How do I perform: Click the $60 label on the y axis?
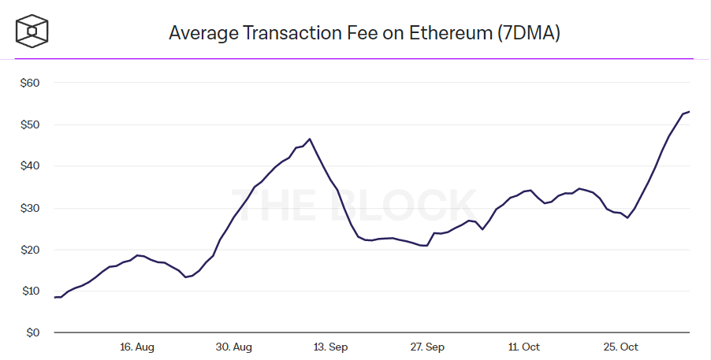(x=29, y=83)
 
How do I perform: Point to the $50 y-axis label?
(x=29, y=124)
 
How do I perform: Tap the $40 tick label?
(x=29, y=166)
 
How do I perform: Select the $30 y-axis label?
(x=29, y=208)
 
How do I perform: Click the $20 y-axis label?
(x=29, y=250)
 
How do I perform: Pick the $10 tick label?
(x=29, y=291)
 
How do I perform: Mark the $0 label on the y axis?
(x=32, y=333)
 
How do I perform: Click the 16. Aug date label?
(x=137, y=347)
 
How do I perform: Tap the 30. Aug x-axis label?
(x=234, y=347)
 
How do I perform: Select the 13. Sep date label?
(x=330, y=347)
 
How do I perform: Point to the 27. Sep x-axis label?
(x=427, y=347)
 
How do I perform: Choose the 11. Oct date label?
(x=524, y=347)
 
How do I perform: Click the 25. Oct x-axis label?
(x=620, y=347)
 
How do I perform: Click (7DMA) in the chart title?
(x=527, y=33)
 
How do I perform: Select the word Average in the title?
(x=204, y=33)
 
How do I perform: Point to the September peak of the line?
(x=310, y=139)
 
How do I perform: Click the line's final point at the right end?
(x=690, y=111)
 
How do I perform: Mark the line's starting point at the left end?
(x=54, y=297)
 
